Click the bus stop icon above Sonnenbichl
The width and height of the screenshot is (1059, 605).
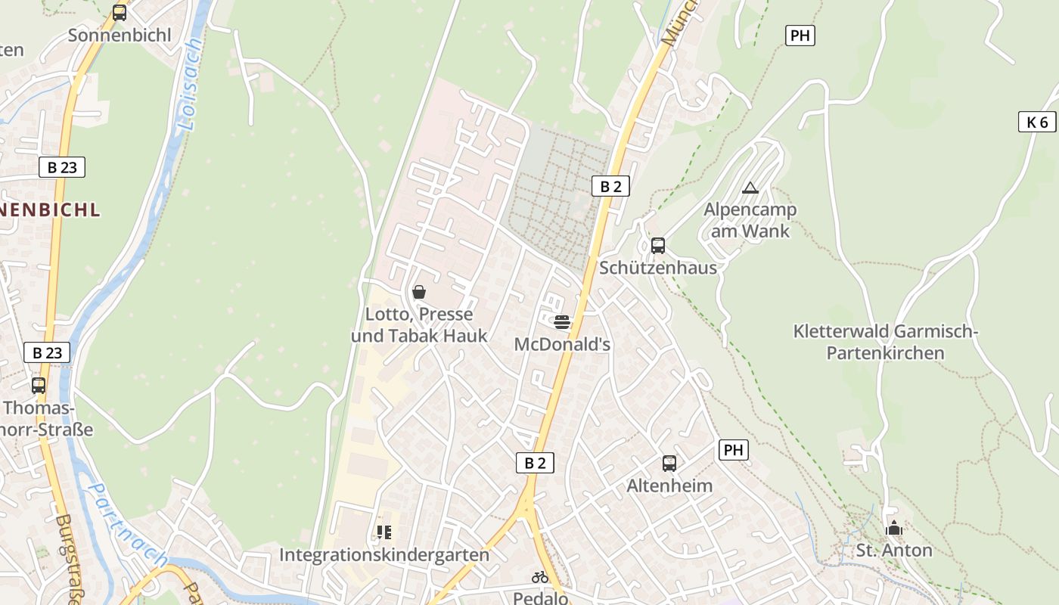click(120, 13)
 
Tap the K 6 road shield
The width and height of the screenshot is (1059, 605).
click(1036, 122)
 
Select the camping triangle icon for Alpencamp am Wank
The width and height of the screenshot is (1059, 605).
click(750, 188)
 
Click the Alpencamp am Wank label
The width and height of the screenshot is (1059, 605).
click(750, 220)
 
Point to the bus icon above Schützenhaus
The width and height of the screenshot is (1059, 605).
click(658, 245)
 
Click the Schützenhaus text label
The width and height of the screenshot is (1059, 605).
click(658, 268)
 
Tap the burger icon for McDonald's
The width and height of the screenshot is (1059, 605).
click(561, 322)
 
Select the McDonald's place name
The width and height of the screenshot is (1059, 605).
click(562, 344)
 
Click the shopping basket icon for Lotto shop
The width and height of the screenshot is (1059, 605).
click(419, 292)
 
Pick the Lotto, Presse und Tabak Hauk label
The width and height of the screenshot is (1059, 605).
click(419, 324)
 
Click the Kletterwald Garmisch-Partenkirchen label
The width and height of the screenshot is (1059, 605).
click(885, 342)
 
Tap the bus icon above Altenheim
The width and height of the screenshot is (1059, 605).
click(669, 463)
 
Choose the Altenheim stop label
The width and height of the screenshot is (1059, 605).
click(669, 486)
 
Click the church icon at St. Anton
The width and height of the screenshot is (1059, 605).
click(894, 528)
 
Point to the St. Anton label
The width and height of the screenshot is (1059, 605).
click(894, 550)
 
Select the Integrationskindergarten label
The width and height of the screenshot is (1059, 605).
click(384, 555)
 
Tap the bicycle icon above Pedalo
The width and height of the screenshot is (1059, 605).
click(540, 577)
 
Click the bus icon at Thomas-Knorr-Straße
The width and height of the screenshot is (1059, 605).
click(39, 385)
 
